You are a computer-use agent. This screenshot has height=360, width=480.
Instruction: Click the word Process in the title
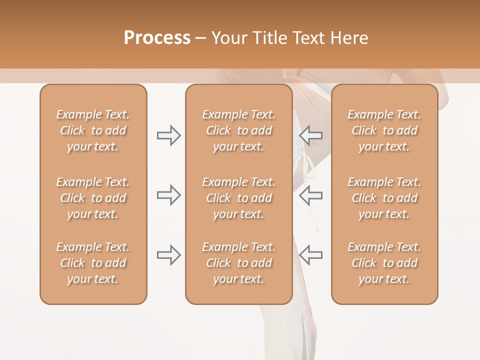[157, 38]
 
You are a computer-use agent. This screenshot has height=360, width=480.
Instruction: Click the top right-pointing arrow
[169, 135]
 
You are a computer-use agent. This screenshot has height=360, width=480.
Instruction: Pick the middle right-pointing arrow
[169, 195]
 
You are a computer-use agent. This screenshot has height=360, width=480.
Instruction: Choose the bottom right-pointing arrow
[169, 255]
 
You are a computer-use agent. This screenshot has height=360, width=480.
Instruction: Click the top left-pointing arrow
[311, 135]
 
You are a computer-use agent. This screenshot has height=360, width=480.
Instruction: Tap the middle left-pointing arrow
[311, 195]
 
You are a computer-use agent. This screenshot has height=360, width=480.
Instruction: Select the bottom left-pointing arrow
[311, 255]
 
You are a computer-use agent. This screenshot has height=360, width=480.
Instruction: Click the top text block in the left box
[93, 130]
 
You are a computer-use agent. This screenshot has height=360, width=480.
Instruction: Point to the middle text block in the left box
[93, 198]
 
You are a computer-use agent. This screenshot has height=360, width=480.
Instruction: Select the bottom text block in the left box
[93, 263]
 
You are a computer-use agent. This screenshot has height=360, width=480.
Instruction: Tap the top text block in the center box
[238, 130]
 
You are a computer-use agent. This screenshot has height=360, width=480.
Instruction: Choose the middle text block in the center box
[238, 198]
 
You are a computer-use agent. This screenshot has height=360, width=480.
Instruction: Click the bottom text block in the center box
[238, 263]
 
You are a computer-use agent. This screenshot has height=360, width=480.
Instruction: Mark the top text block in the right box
[384, 130]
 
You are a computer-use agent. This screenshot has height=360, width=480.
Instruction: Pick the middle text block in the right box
[384, 198]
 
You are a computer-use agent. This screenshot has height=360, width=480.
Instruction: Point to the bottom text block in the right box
[384, 263]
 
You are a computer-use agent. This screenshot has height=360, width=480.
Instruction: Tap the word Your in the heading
[229, 38]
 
